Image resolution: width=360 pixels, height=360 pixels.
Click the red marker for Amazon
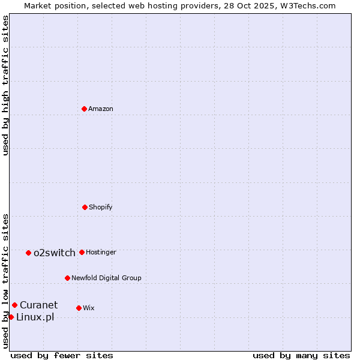84,109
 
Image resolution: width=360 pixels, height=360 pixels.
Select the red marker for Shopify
85,207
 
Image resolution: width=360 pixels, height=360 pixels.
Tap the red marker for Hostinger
82,252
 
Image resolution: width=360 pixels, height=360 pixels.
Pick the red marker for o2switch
28,253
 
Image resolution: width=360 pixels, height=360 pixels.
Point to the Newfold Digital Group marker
67,278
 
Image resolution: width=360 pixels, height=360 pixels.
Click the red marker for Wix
79,308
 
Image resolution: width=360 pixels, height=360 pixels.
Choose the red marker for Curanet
14,305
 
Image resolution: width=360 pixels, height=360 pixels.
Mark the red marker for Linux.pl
11,317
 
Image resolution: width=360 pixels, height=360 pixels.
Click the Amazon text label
101,109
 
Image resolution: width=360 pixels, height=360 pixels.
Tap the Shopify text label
101,207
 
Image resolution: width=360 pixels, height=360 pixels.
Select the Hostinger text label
101,252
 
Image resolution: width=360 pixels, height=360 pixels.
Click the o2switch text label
55,253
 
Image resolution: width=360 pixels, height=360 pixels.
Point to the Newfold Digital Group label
106,278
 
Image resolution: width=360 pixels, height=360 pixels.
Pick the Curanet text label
39,305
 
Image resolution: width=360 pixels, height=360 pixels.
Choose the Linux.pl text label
35,317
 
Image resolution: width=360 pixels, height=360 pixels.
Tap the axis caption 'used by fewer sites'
62,355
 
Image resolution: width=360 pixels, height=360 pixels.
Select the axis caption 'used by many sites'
301,355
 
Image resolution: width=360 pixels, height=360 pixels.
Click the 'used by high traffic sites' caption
5,85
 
